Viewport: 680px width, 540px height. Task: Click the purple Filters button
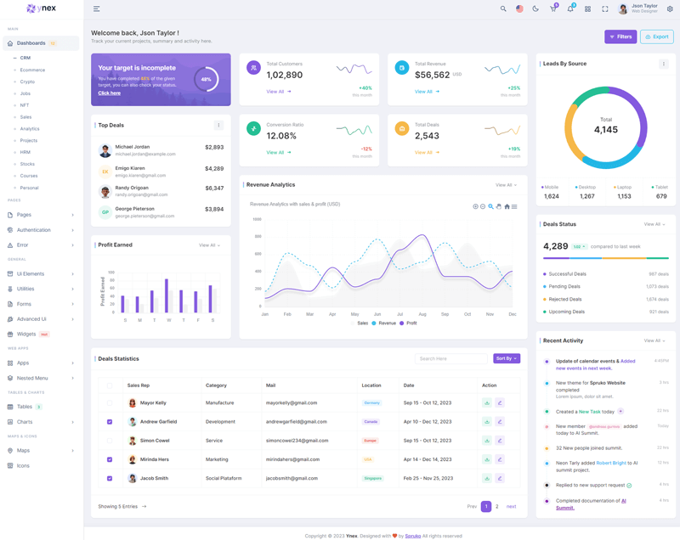[620, 37]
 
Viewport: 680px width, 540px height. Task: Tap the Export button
[656, 37]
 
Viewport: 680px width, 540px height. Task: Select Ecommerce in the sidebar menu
[33, 70]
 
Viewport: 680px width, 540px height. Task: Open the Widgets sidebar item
[26, 334]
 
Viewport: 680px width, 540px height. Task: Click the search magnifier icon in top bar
[503, 9]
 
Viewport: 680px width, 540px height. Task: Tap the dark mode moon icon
[535, 9]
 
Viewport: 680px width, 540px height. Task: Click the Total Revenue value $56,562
[432, 75]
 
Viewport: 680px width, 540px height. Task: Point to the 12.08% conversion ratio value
[281, 136]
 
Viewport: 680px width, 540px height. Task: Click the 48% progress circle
[206, 80]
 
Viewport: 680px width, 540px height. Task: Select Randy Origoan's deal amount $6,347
[214, 188]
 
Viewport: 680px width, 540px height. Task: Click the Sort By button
[506, 358]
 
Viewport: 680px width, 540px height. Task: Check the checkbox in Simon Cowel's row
[110, 441]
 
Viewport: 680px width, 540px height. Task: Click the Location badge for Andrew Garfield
[371, 422]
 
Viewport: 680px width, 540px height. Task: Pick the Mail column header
[270, 385]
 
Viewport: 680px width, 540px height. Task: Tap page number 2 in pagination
[497, 506]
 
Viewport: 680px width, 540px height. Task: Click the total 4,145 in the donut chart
[606, 130]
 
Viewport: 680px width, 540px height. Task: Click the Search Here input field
[450, 358]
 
